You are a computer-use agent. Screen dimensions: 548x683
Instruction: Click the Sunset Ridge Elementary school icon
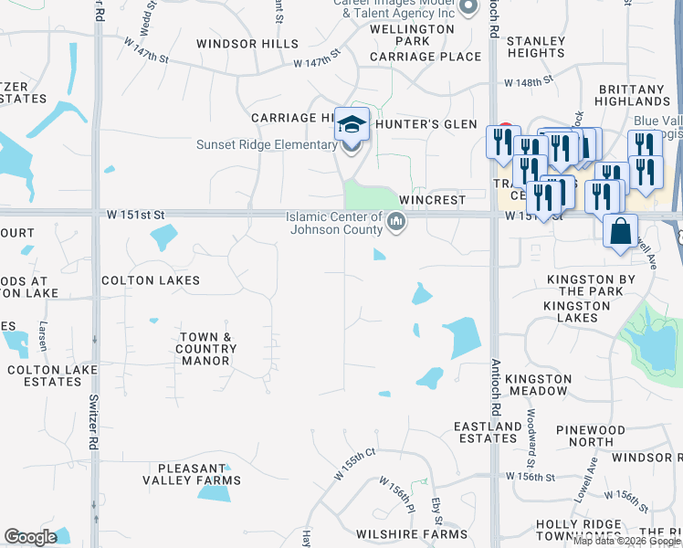pos(352,124)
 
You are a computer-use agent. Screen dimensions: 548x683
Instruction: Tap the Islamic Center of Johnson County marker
pos(396,221)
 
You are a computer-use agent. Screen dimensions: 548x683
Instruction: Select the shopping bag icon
pos(620,232)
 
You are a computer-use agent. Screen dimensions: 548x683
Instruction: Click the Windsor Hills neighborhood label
pos(247,44)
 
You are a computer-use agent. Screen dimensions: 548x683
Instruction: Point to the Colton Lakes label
pos(151,280)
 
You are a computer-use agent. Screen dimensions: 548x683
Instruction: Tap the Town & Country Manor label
pos(205,349)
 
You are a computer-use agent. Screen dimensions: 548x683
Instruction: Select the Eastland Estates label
pos(488,432)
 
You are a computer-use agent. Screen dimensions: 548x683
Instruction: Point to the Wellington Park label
pos(412,35)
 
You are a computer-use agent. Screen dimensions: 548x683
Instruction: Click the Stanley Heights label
pos(536,47)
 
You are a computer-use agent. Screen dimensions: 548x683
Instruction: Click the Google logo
pos(30,537)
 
